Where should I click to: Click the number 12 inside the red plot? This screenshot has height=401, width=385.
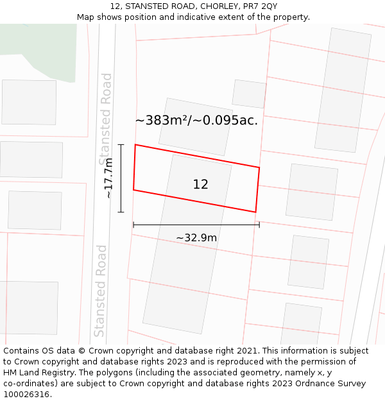coord(200,185)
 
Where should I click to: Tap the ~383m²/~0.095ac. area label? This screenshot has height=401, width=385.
coord(196,120)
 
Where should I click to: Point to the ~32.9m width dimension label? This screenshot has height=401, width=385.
coord(196,238)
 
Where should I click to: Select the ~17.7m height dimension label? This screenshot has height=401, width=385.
coord(109,178)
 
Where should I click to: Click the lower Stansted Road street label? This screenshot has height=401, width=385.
coord(100,291)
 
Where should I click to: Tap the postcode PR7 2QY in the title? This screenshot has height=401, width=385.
coord(260,6)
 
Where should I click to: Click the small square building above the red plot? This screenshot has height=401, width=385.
coord(249,94)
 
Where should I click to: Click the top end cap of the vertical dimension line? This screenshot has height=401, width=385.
coord(121,145)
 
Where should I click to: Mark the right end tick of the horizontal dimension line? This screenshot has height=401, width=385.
coord(259,225)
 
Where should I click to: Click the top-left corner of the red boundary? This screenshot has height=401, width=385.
coord(135,145)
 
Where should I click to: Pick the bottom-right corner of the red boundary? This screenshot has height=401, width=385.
coord(255,212)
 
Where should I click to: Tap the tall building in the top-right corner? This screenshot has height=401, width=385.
coord(343,90)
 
